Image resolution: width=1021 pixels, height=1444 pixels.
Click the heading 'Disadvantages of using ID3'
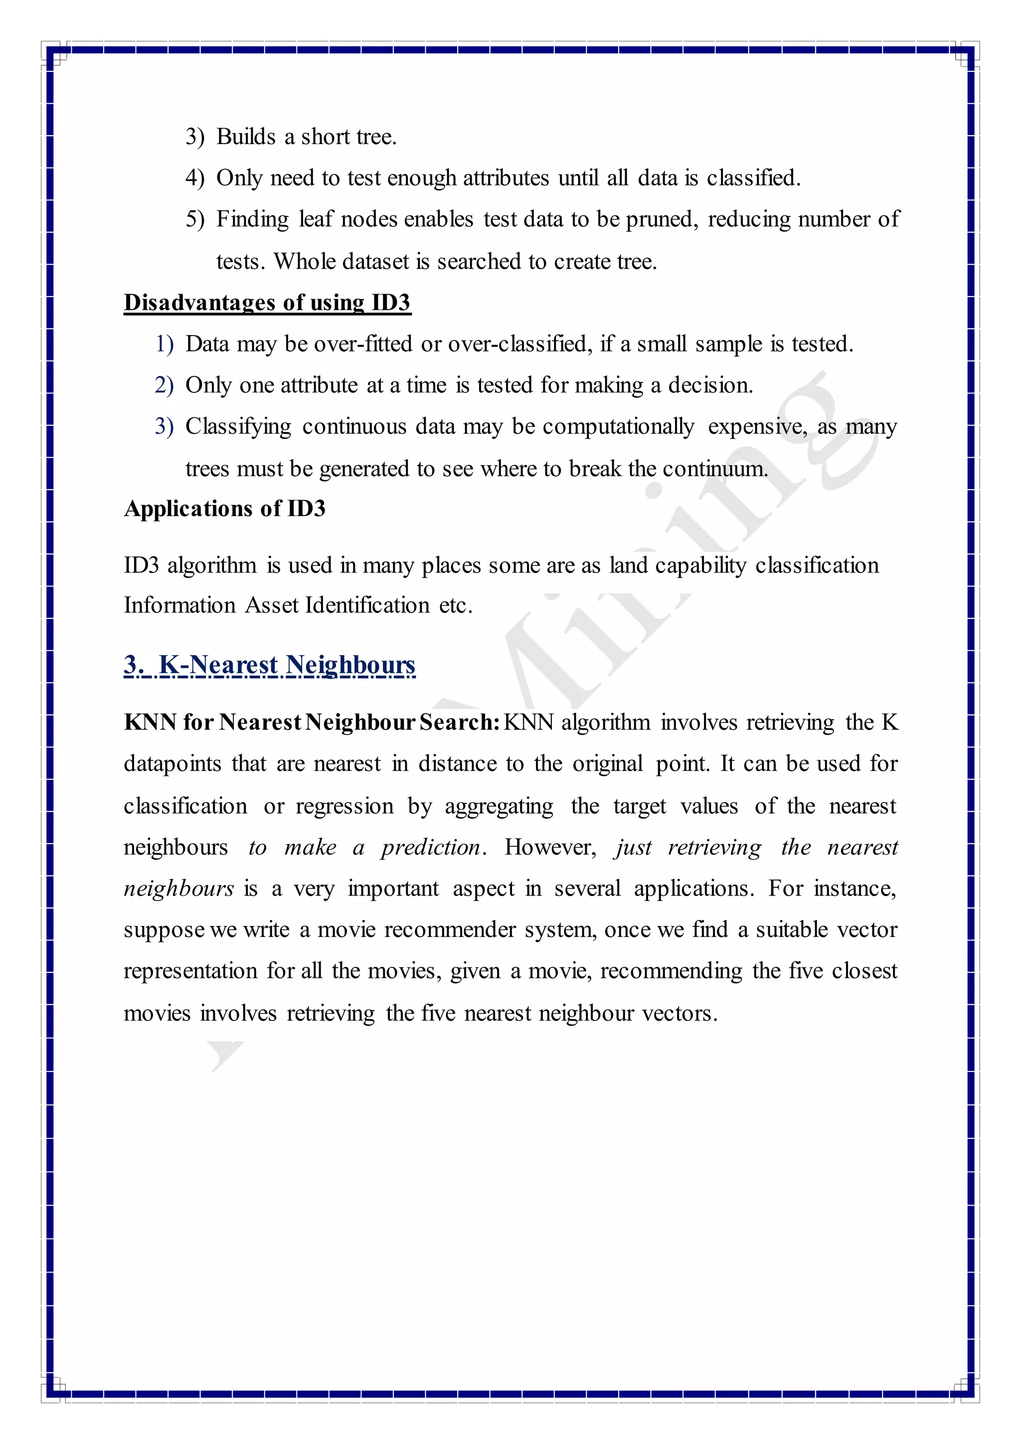[267, 303]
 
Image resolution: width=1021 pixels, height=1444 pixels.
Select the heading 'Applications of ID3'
[224, 508]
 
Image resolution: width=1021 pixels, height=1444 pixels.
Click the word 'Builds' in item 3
[246, 137]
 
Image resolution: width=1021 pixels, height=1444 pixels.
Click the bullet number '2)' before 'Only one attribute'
[164, 385]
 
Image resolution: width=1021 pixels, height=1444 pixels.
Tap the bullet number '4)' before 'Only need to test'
[195, 178]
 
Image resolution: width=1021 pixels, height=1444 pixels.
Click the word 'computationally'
[618, 426]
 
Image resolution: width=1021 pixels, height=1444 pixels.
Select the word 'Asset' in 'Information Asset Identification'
[272, 605]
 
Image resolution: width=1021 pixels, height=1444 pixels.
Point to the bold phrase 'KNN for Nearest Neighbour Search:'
[311, 722]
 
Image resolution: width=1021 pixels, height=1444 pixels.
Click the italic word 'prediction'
[431, 848]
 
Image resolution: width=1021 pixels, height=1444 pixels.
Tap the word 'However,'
[550, 848]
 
